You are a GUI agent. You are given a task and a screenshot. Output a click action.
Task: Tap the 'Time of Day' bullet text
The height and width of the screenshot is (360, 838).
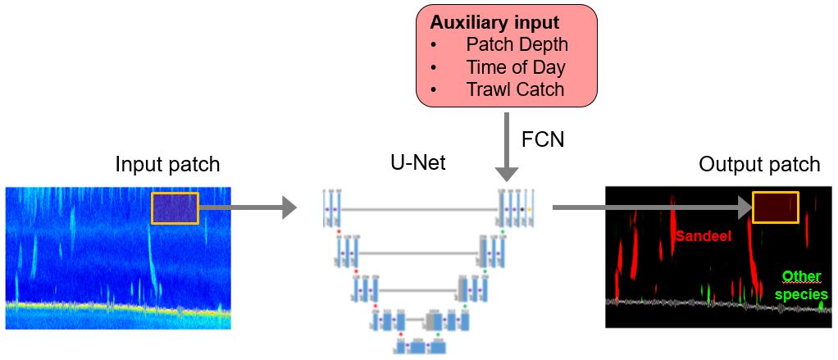coord(516,67)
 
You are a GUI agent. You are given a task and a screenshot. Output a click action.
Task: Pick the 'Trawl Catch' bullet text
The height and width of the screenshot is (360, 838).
coord(515,89)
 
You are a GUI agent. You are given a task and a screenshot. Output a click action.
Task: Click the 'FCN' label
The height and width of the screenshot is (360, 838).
coord(542,139)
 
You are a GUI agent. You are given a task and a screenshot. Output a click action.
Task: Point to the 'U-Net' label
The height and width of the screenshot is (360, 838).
coord(418,163)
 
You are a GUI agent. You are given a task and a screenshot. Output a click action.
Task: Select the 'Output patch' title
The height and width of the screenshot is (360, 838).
coord(759,164)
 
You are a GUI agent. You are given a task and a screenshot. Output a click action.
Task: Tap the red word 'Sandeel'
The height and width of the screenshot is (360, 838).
coord(703,236)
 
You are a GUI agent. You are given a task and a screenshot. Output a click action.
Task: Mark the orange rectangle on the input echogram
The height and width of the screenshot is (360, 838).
coord(175,207)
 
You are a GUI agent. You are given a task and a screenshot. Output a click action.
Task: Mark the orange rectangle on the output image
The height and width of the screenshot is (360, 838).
coord(776,208)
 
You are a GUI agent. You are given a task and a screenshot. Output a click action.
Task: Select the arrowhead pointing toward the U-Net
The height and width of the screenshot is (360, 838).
coord(289,207)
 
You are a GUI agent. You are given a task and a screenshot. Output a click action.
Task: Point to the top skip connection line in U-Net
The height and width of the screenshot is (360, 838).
coord(418,210)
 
